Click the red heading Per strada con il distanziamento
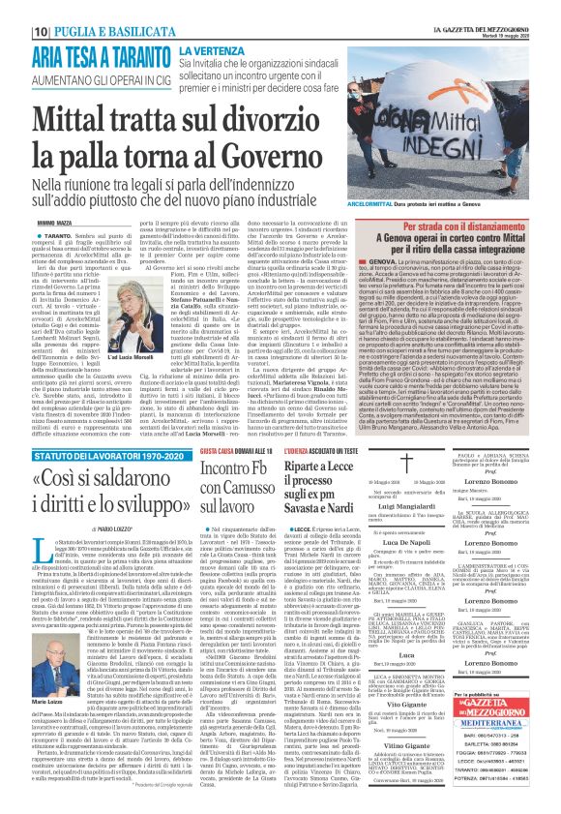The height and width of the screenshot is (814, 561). pos(462,222)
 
